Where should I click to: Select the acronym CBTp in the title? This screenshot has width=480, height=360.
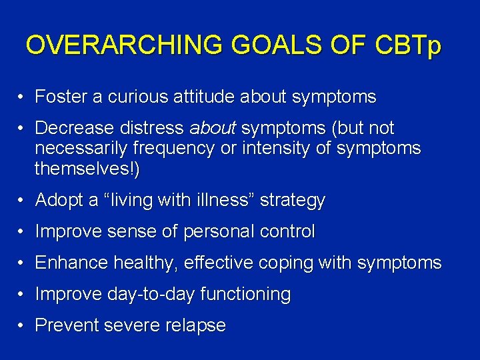[x=407, y=45]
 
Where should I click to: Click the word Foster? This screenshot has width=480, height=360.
[x=61, y=97]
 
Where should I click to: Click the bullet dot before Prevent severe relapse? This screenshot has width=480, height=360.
[x=22, y=326]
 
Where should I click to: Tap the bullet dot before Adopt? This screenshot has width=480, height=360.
[x=22, y=201]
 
